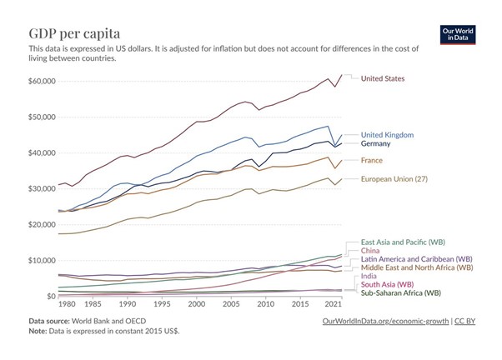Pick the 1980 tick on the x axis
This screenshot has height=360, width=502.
[x=57, y=306]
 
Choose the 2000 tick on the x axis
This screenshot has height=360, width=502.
[x=195, y=306]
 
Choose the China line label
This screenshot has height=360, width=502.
[x=371, y=250]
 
